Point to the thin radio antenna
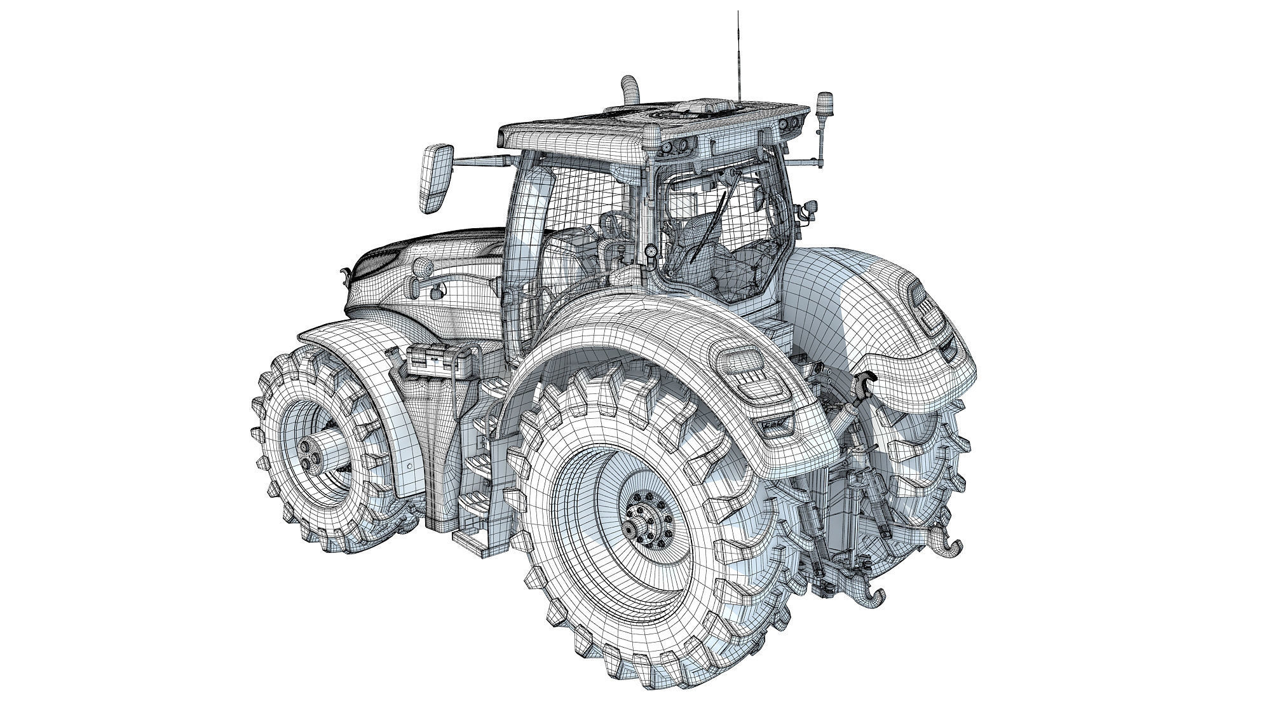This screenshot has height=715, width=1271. tap(739, 51)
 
